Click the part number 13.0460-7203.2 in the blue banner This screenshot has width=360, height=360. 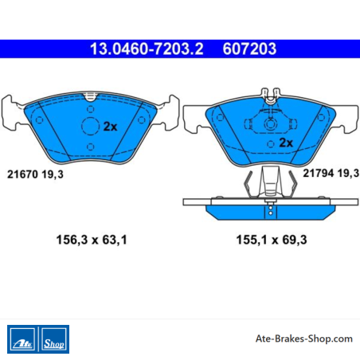pyautogui.click(x=147, y=49)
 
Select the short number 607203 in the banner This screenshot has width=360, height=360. pyautogui.click(x=249, y=49)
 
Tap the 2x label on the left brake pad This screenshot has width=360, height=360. pyautogui.click(x=110, y=127)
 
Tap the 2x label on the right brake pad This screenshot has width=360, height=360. pyautogui.click(x=286, y=143)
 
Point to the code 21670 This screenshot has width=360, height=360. pyautogui.click(x=22, y=174)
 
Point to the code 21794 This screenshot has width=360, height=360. pyautogui.click(x=319, y=174)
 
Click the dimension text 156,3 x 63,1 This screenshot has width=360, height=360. pyautogui.click(x=92, y=240)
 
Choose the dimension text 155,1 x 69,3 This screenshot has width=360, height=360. pyautogui.click(x=272, y=240)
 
